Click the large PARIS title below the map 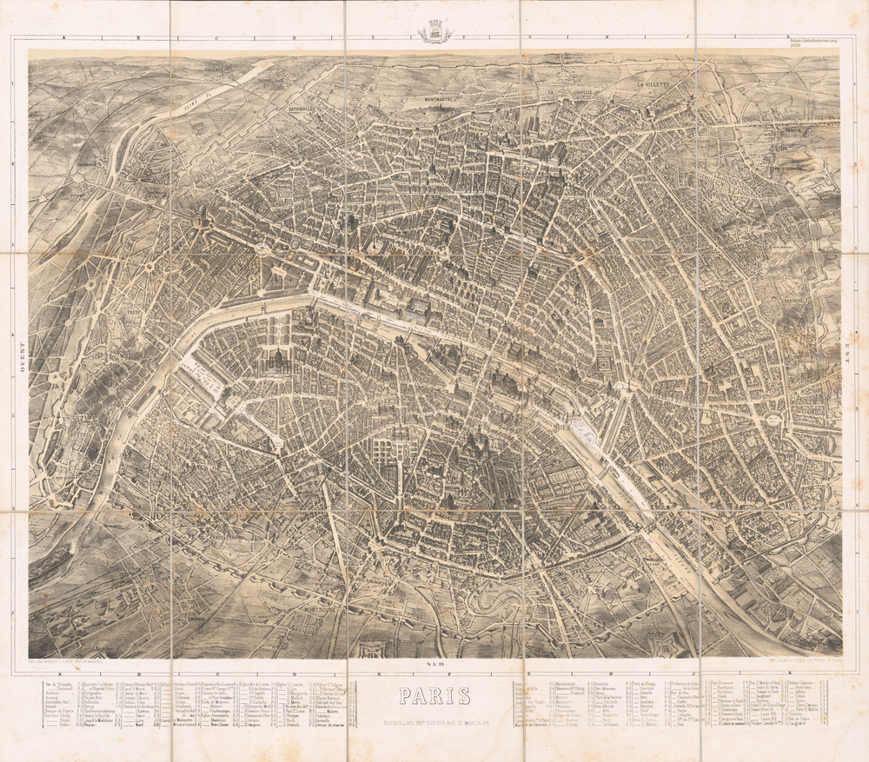(x=434, y=697)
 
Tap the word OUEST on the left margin (x=19, y=356)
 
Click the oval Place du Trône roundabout (x=771, y=421)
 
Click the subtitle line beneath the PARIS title (x=434, y=719)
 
